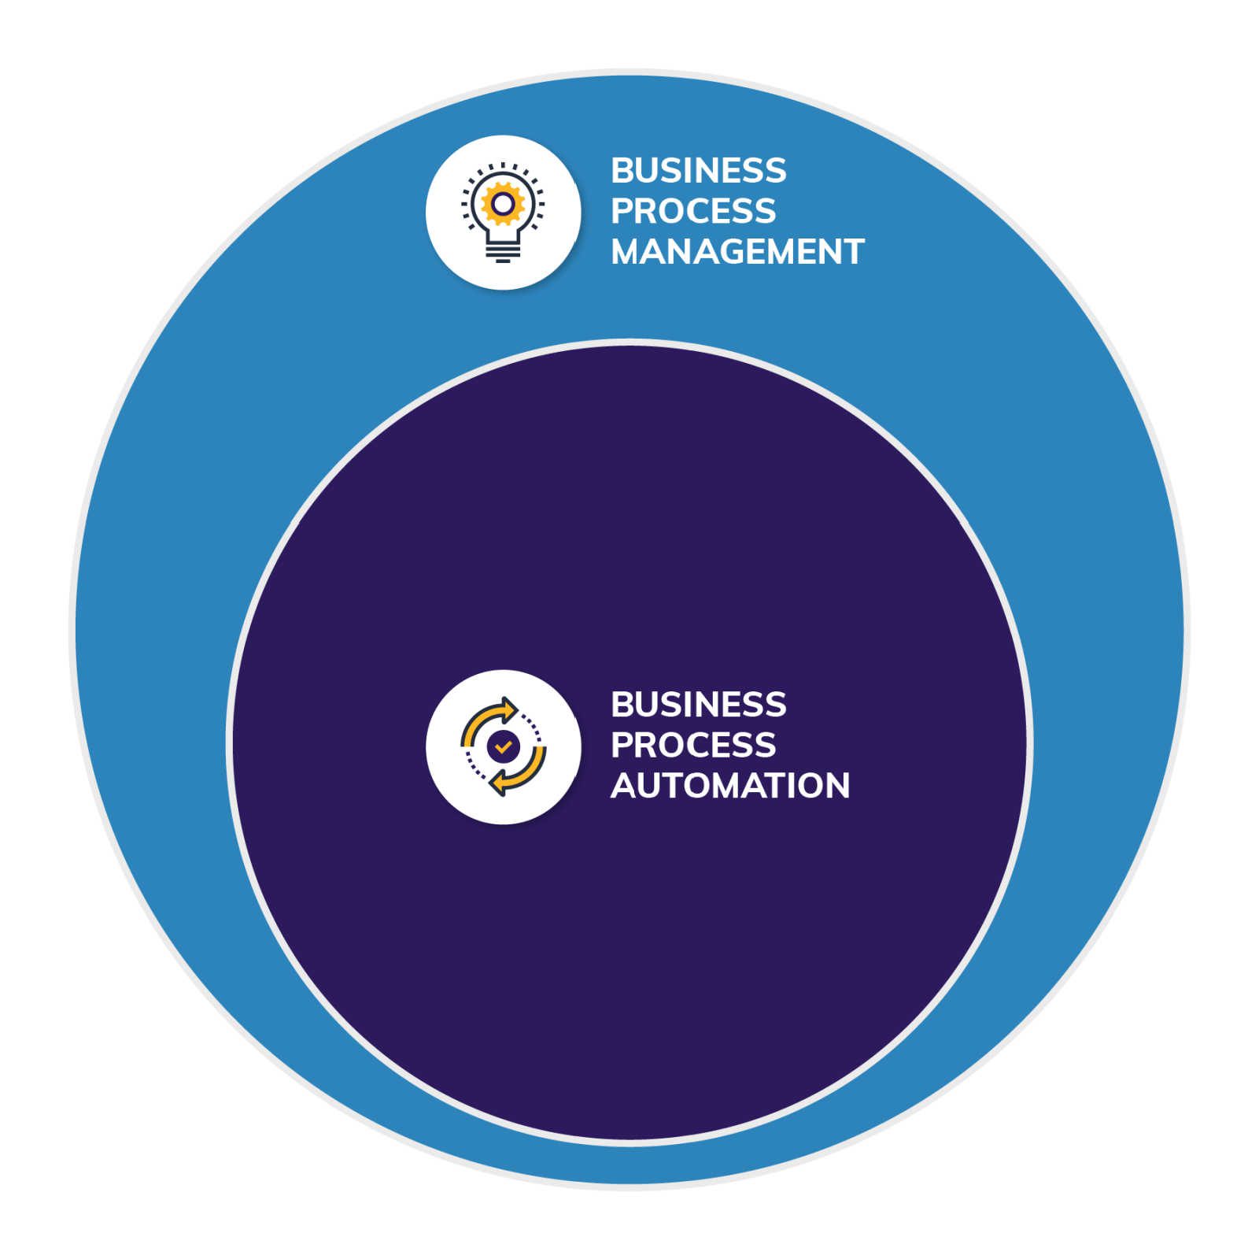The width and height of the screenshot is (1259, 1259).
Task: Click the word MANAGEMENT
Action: pos(737,252)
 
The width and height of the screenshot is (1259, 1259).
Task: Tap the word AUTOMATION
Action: pos(730,786)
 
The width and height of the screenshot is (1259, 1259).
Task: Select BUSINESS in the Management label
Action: pos(698,171)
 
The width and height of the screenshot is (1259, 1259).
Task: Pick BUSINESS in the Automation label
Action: pos(698,705)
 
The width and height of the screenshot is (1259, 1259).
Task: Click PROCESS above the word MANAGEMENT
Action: pos(693,211)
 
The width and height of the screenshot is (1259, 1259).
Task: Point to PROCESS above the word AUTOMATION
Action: pos(693,745)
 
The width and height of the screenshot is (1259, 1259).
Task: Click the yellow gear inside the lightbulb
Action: pos(503,204)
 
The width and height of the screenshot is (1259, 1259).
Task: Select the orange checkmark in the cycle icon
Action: pos(503,746)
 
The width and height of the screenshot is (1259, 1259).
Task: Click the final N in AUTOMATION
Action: pos(838,786)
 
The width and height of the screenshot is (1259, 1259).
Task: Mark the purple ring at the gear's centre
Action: pos(503,204)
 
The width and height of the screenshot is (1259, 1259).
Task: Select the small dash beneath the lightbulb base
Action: pos(503,261)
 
